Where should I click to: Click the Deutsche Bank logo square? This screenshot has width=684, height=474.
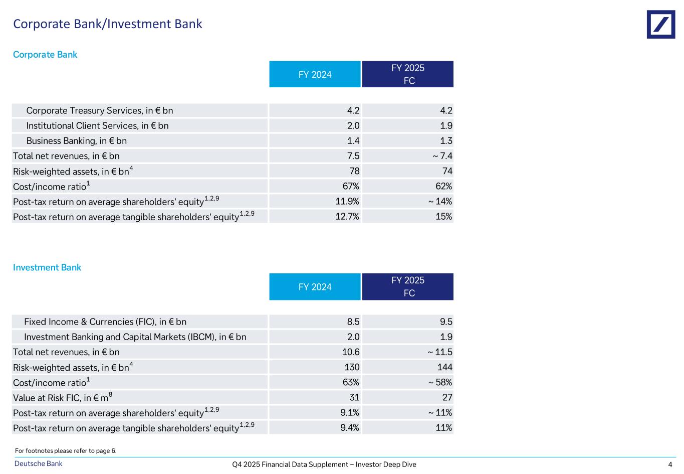(x=660, y=24)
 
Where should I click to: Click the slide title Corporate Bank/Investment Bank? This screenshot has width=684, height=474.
(x=108, y=24)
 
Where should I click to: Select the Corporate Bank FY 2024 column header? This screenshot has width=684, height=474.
(x=315, y=74)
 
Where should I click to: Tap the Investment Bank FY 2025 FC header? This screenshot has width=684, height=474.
(x=408, y=286)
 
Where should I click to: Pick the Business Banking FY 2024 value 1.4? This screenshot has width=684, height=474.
(x=353, y=141)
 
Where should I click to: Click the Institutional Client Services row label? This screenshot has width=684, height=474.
(x=97, y=126)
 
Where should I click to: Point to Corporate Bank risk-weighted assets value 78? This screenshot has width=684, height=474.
(x=354, y=171)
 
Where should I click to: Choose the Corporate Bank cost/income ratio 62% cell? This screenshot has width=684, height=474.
(x=443, y=186)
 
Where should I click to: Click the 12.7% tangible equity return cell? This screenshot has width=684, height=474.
(x=347, y=217)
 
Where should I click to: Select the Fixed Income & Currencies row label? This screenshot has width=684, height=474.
(x=105, y=322)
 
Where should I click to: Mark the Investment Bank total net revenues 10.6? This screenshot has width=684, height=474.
(x=351, y=352)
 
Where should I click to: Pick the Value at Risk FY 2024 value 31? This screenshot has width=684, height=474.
(x=354, y=398)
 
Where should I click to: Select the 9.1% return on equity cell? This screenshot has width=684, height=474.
(x=349, y=413)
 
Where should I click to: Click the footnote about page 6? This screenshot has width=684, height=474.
(x=66, y=451)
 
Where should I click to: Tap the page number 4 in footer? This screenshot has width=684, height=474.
(x=670, y=464)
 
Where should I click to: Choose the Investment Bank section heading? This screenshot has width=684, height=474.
(x=47, y=267)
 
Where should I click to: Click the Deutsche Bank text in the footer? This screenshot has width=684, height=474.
(x=39, y=464)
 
